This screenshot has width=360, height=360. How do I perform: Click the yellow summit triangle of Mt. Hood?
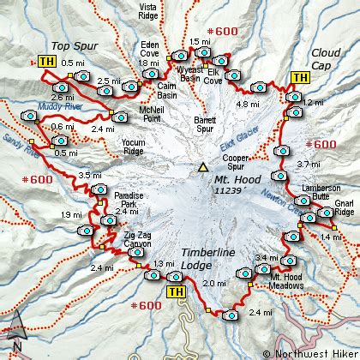202,167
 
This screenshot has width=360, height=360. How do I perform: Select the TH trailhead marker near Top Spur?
46,62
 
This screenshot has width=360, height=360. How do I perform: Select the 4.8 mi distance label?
247,104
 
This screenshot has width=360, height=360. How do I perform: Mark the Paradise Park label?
129,201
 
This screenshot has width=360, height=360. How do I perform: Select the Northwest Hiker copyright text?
309,352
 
